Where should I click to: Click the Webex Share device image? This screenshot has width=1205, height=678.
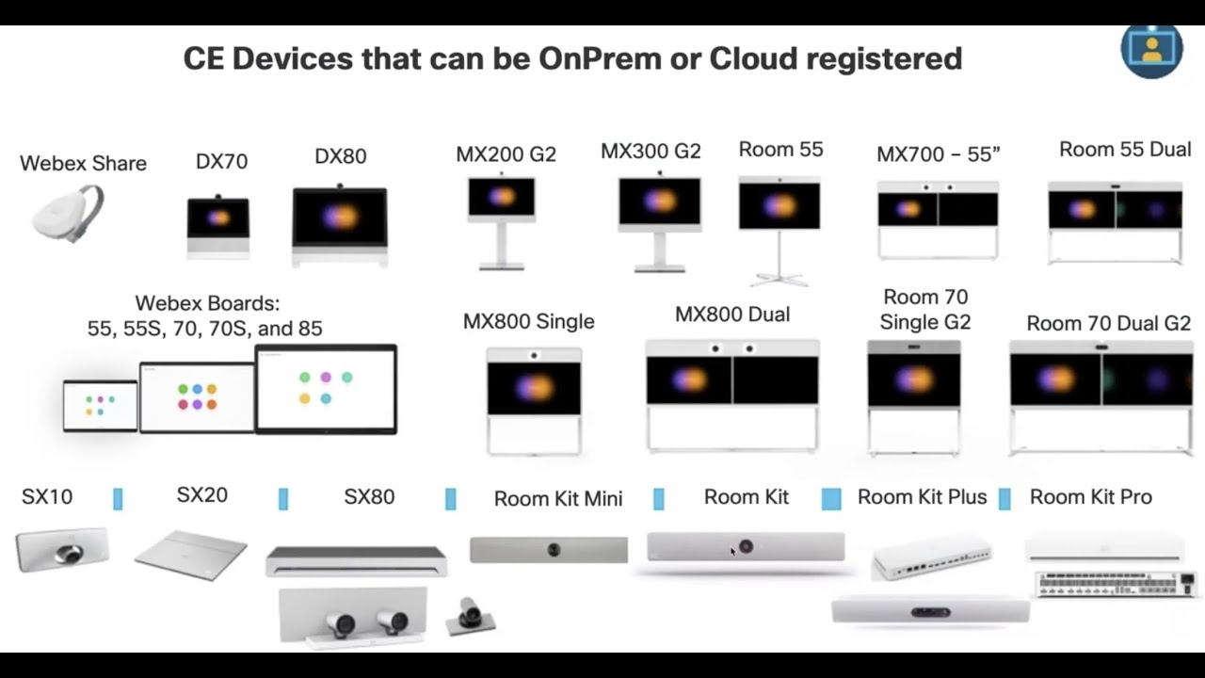coord(69,214)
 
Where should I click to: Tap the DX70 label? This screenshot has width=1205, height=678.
coord(221,161)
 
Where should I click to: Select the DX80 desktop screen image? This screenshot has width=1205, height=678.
coord(340,225)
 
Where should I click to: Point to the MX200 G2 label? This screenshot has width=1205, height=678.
coord(506,154)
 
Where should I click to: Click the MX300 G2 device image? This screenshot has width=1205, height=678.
coord(660,221)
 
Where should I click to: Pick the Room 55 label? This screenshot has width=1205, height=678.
coord(780,150)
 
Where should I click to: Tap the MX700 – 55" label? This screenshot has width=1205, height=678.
coord(939,154)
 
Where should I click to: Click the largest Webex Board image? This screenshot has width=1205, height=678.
coord(327,389)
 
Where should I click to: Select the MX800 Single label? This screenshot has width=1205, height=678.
coord(529,321)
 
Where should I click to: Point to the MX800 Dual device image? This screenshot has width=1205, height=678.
coord(732,395)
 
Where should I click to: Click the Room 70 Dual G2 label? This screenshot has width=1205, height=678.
coord(1109,323)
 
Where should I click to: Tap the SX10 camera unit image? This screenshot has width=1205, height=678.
coord(62,549)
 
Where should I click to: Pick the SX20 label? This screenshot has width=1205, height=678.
coord(202,495)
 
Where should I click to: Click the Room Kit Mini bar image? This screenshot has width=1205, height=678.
coord(549,549)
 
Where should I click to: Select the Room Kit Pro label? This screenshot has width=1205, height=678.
coord(1091,497)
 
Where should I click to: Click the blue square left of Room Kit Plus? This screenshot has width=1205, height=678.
coord(831,499)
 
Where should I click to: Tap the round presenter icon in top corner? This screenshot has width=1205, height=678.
coord(1151,51)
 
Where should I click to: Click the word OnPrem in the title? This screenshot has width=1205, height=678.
coord(600,58)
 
